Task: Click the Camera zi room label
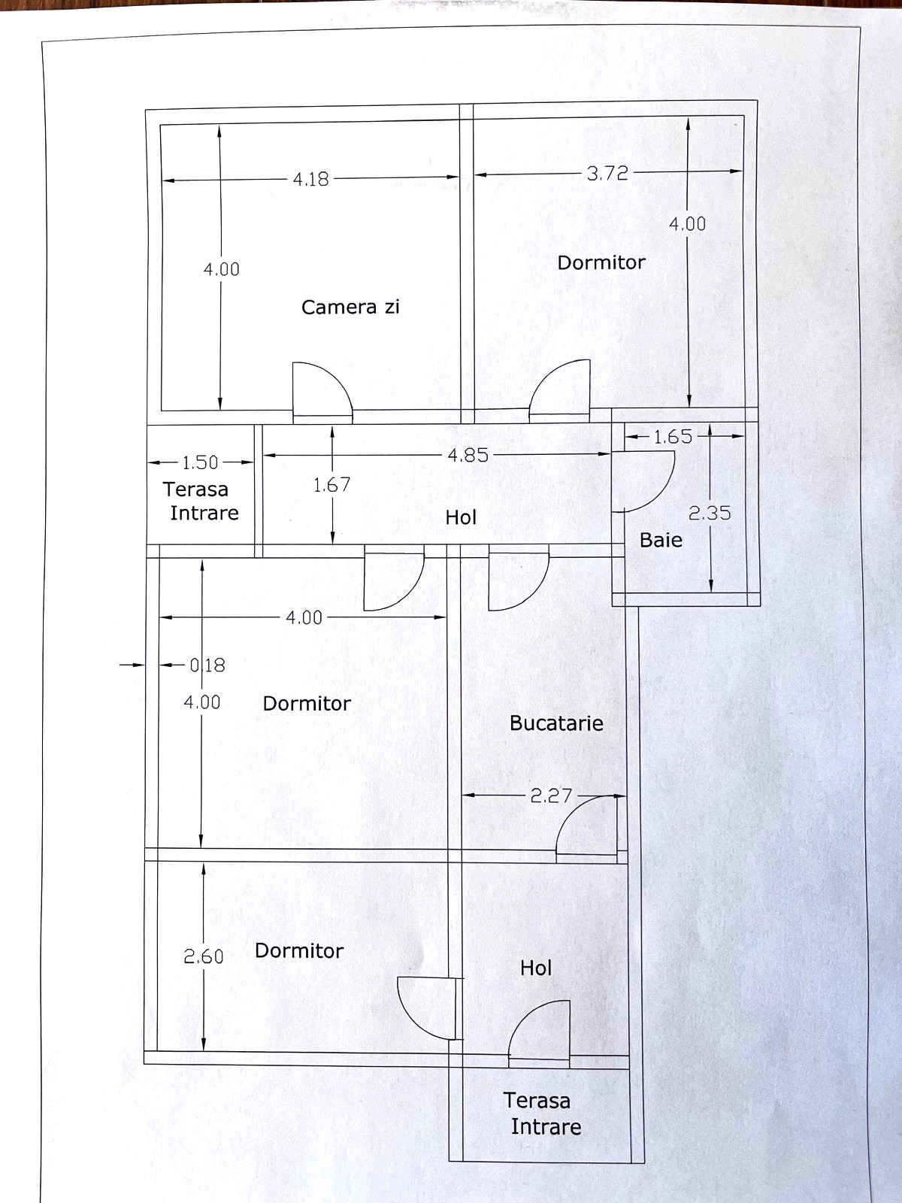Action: click(350, 307)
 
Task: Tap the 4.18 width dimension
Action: click(311, 179)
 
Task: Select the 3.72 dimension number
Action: click(607, 174)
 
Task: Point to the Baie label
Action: click(661, 541)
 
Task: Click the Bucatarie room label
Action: click(556, 723)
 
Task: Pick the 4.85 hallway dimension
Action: click(468, 455)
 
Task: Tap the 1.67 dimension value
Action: click(332, 484)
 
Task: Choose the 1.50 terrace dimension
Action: click(200, 462)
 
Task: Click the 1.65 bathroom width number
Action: click(673, 437)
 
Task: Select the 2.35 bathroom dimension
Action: click(710, 513)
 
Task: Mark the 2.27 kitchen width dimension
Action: click(552, 795)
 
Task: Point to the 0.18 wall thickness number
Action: click(207, 665)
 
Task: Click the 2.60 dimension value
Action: click(204, 956)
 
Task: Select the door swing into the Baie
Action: click(659, 491)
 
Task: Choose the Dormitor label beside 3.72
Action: click(601, 262)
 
